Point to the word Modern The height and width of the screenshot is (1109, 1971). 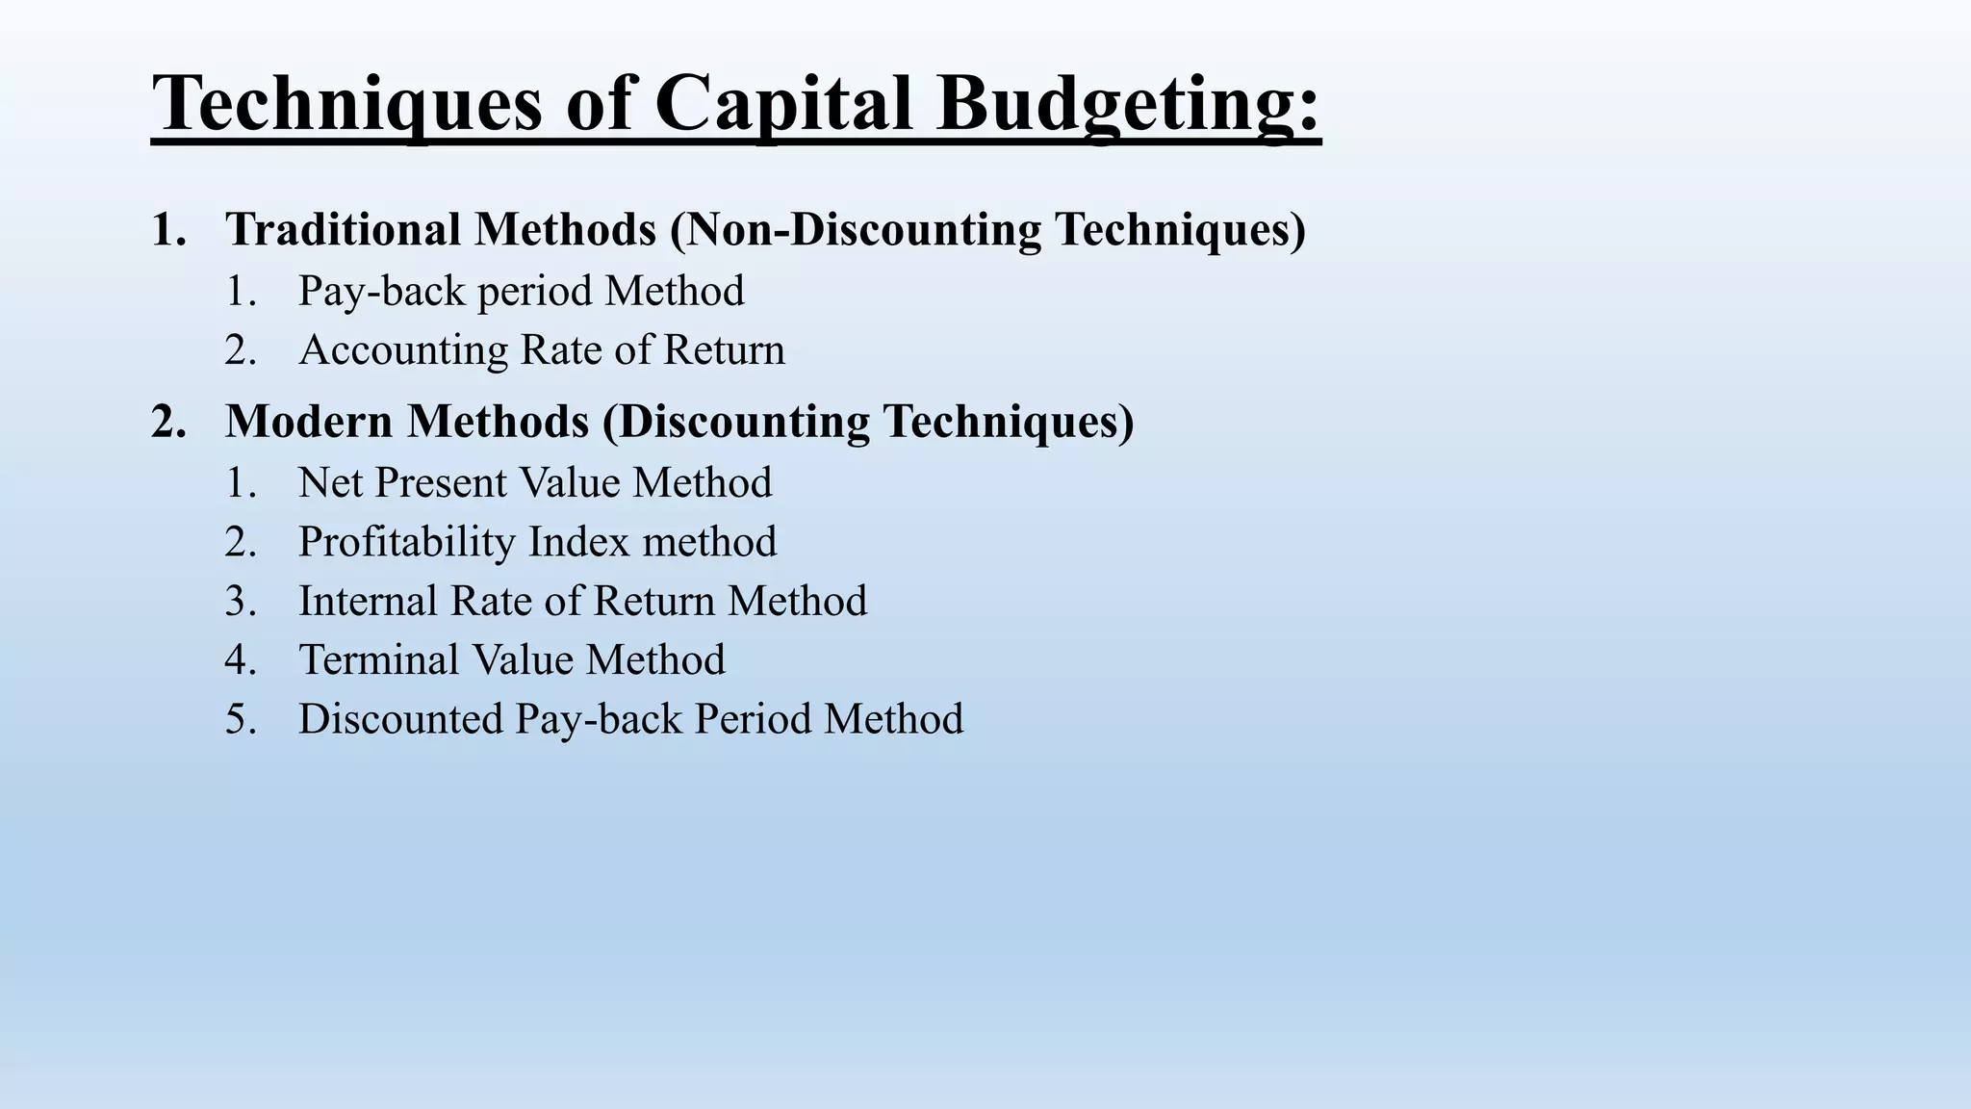[x=311, y=422]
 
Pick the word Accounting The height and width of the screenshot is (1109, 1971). [x=402, y=349]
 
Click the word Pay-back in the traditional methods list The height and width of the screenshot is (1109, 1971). [x=381, y=291]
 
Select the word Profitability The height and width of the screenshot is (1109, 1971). [x=406, y=542]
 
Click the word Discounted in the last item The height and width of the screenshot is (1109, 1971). [x=400, y=719]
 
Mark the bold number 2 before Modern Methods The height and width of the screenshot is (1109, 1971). [x=165, y=422]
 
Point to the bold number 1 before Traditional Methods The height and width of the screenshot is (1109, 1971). [x=165, y=229]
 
